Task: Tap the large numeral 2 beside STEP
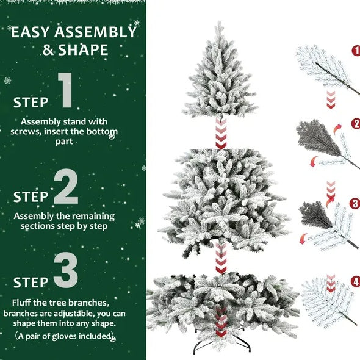point(67,187)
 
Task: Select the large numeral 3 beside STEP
point(65,272)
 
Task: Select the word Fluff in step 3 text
point(23,303)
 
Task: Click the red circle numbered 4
point(356,282)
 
